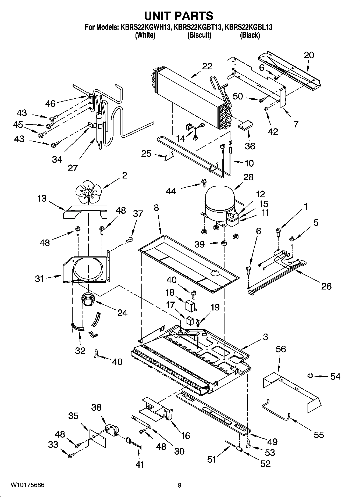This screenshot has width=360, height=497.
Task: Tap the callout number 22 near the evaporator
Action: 207,66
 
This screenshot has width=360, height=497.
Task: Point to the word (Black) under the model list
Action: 250,35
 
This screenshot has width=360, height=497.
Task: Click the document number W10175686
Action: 27,485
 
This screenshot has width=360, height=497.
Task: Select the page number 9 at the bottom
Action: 179,485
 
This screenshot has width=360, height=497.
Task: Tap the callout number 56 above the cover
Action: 281,349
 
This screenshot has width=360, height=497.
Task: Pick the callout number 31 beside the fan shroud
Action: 40,279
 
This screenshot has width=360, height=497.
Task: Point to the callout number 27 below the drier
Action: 73,168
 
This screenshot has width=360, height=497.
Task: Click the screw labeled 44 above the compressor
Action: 204,183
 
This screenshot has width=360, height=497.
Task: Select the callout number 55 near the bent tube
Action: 319,435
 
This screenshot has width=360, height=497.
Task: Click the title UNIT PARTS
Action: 179,16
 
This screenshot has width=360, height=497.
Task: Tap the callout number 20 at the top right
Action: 309,55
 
